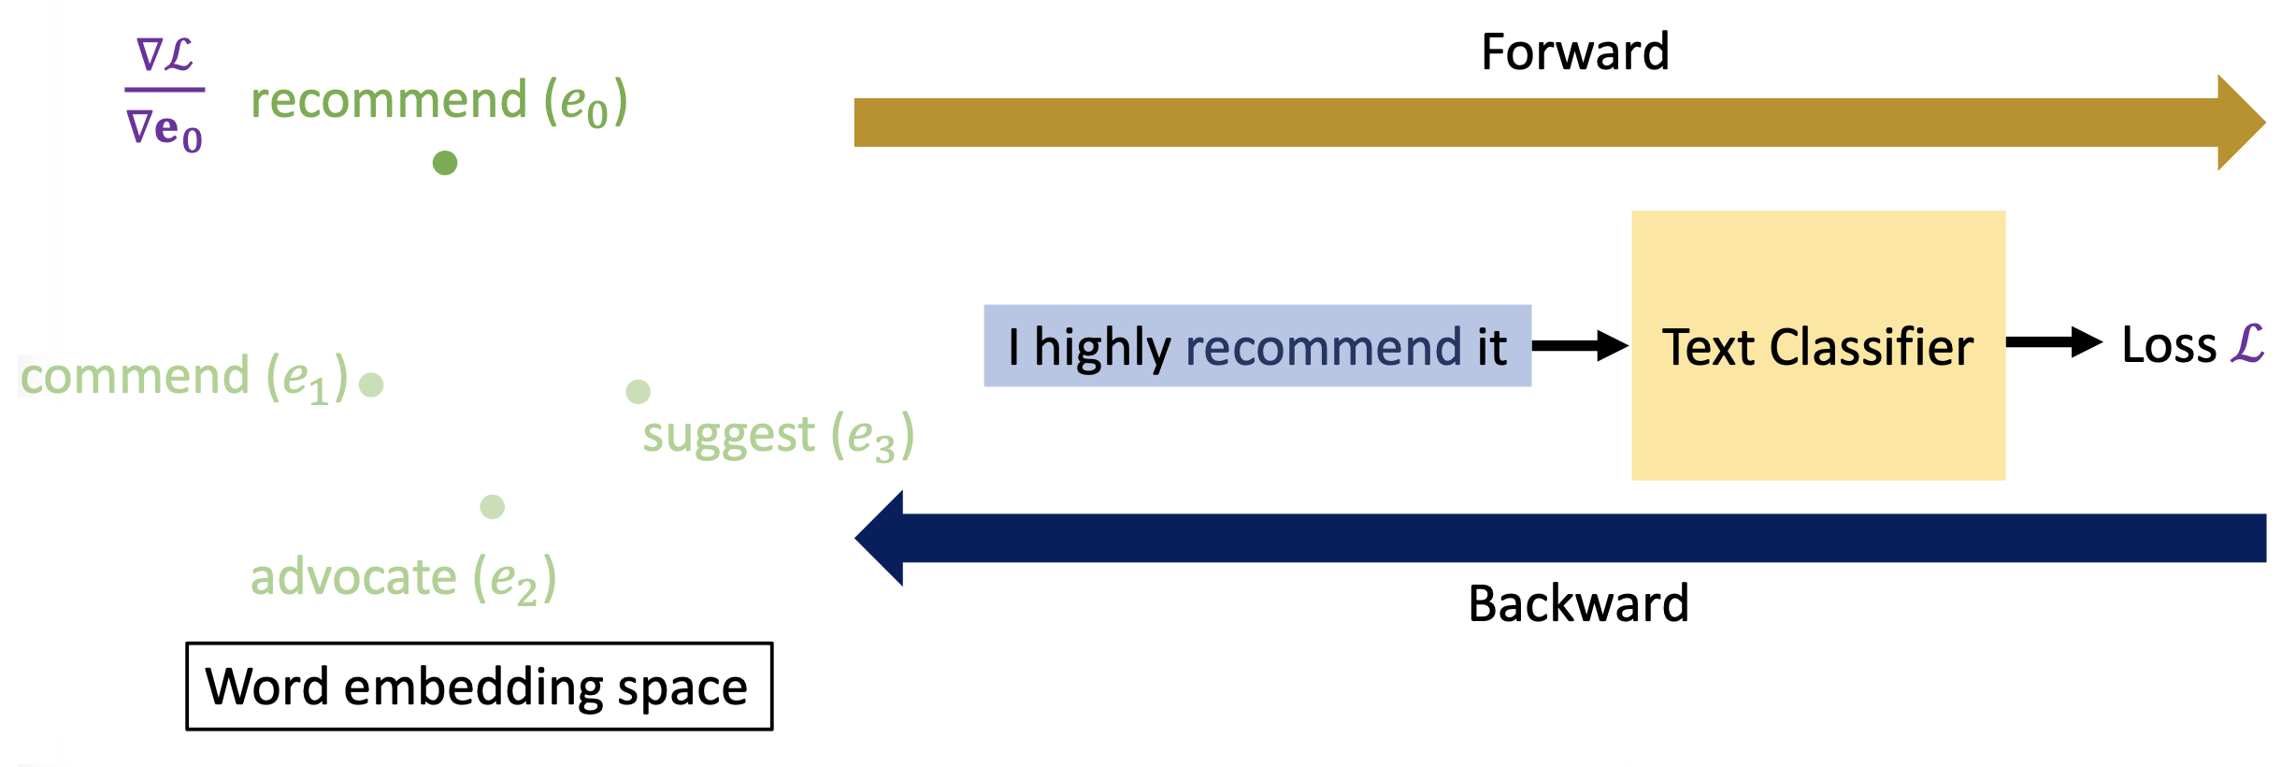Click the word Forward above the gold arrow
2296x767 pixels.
1575,52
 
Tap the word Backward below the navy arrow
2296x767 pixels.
1578,603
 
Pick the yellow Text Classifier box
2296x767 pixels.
1818,345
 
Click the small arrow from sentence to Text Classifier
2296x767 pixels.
1580,345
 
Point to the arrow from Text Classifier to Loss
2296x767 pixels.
2054,342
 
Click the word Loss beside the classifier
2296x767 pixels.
2169,344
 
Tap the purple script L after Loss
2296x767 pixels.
2247,343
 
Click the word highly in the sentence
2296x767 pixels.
1102,348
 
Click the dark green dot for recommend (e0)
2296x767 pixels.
445,163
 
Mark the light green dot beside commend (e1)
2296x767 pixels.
371,384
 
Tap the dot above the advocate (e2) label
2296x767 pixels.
493,507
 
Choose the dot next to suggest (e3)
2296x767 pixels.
639,392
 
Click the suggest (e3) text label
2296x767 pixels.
779,436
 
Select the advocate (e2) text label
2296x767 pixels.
404,577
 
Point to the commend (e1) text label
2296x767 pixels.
184,377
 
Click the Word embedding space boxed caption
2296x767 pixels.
480,687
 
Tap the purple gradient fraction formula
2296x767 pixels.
165,93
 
